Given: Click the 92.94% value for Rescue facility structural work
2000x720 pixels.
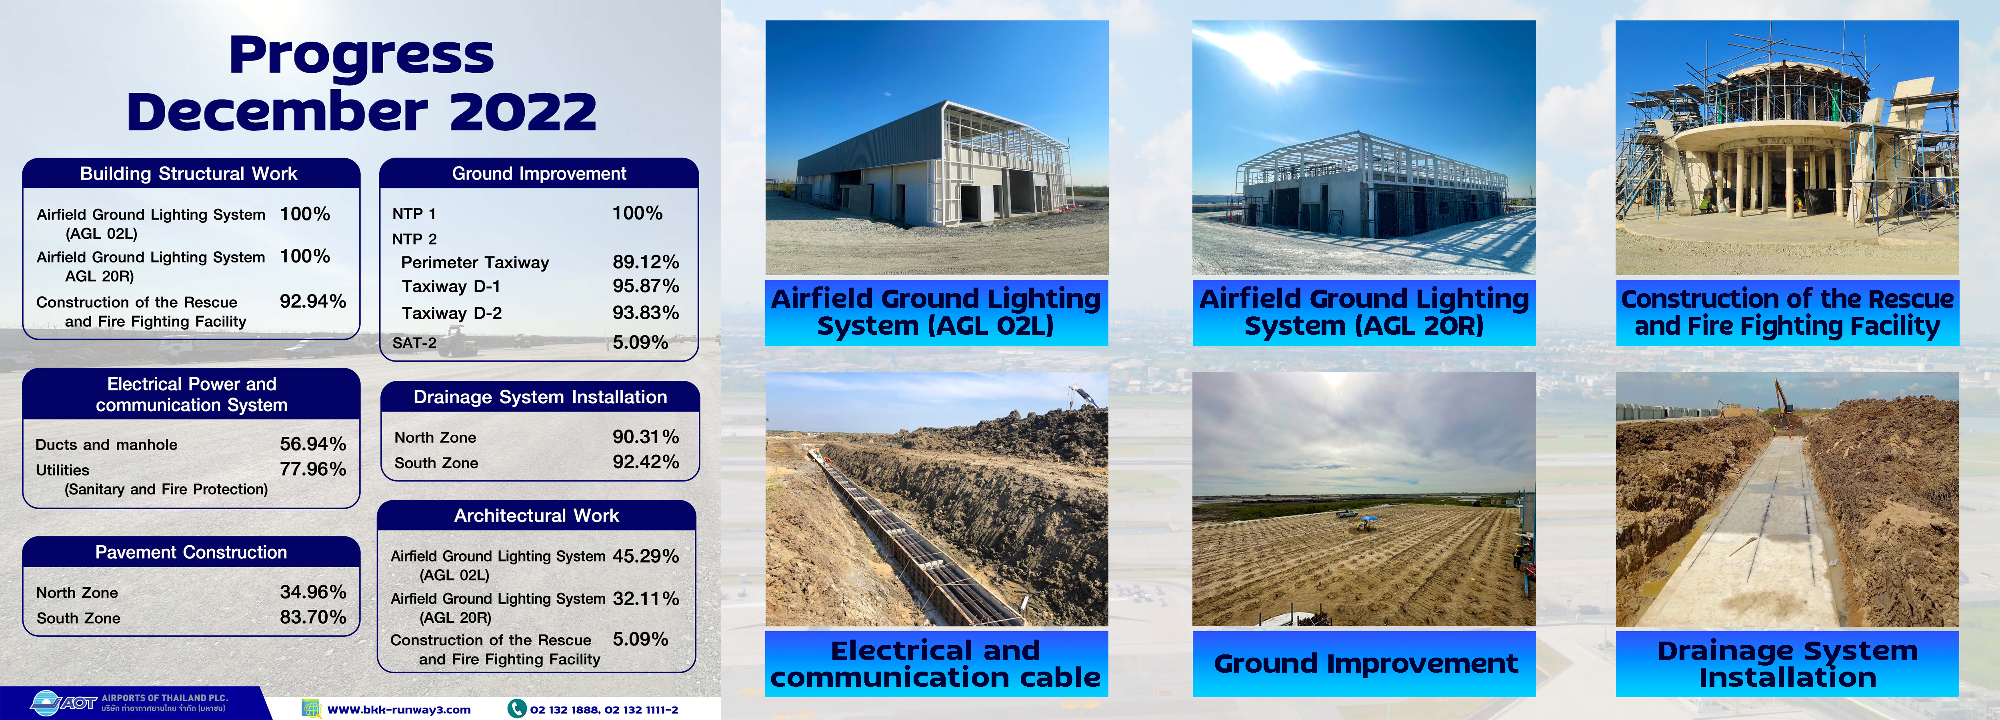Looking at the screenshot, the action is click(x=313, y=301).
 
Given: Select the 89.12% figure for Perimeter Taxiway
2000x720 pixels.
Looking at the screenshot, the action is click(x=645, y=262).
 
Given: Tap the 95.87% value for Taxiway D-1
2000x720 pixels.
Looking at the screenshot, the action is click(x=645, y=286).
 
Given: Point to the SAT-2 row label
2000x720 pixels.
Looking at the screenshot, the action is click(x=414, y=342).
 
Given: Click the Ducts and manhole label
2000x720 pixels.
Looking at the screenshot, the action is click(x=106, y=444).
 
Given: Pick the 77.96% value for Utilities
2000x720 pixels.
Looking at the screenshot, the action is click(x=313, y=469).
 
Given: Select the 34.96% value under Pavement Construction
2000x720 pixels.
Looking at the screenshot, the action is click(x=313, y=592).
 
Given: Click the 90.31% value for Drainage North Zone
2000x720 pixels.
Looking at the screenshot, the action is click(x=645, y=436).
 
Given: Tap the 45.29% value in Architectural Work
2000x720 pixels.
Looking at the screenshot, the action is click(x=645, y=556).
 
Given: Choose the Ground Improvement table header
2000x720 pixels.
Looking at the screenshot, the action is click(x=539, y=173).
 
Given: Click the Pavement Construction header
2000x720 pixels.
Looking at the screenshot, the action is click(x=191, y=552).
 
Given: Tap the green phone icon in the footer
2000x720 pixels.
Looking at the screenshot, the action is click(x=516, y=708).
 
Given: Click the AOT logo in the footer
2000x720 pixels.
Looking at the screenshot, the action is click(x=64, y=702).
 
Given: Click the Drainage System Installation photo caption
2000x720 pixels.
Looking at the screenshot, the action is click(x=1787, y=663).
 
